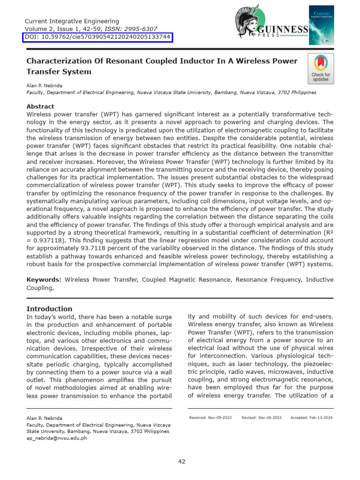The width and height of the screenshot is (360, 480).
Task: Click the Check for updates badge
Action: [321, 68]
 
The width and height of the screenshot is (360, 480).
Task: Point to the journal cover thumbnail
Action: [321, 25]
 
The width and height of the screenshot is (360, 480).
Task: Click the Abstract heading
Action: [40, 106]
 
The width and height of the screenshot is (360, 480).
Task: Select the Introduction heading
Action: [49, 308]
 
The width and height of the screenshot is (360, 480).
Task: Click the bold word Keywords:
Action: [44, 279]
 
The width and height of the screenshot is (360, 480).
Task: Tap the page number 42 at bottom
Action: [181, 461]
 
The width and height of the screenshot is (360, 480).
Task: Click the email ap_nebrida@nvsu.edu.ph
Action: [56, 438]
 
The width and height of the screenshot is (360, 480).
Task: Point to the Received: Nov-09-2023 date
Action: [210, 417]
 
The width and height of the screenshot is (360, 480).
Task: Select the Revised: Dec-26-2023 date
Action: [262, 417]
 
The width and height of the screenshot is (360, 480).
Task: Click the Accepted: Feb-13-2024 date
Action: [311, 417]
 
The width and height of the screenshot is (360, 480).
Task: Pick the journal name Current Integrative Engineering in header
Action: [71, 21]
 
